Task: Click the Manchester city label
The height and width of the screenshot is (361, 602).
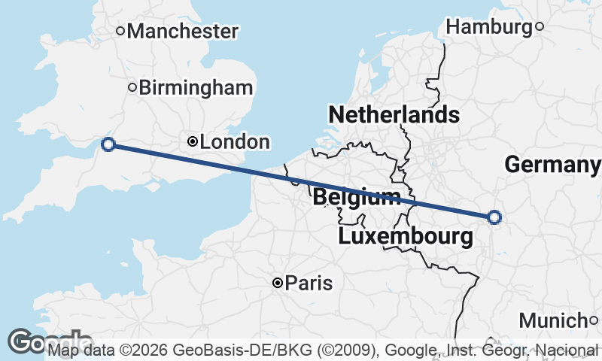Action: pos(183,32)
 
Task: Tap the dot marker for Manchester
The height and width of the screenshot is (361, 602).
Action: pos(120,31)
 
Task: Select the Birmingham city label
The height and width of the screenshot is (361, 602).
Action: pos(196,87)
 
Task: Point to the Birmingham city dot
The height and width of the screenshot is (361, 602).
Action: pos(132,87)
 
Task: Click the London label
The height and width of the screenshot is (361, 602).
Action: pos(235,142)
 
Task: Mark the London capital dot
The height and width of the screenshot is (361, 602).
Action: pos(193,141)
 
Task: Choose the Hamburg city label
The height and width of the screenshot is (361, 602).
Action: pos(489,27)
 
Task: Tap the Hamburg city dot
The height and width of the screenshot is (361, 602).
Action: pos(540,27)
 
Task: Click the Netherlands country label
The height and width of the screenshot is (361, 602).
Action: pos(394,115)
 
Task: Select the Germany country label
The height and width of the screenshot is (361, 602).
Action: pos(552,165)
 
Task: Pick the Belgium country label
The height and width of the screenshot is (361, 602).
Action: pos(356,198)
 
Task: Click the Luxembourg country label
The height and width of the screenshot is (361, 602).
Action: pos(406,237)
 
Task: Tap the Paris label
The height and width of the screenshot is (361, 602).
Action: pos(309,284)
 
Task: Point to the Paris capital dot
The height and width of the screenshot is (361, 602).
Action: pos(278,283)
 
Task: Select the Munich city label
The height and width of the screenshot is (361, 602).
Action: pos(553,321)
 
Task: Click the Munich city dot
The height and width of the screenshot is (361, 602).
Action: pos(594,321)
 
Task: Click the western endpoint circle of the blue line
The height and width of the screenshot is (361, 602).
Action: pos(108,144)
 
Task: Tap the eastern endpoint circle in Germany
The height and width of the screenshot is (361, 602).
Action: pos(494,217)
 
